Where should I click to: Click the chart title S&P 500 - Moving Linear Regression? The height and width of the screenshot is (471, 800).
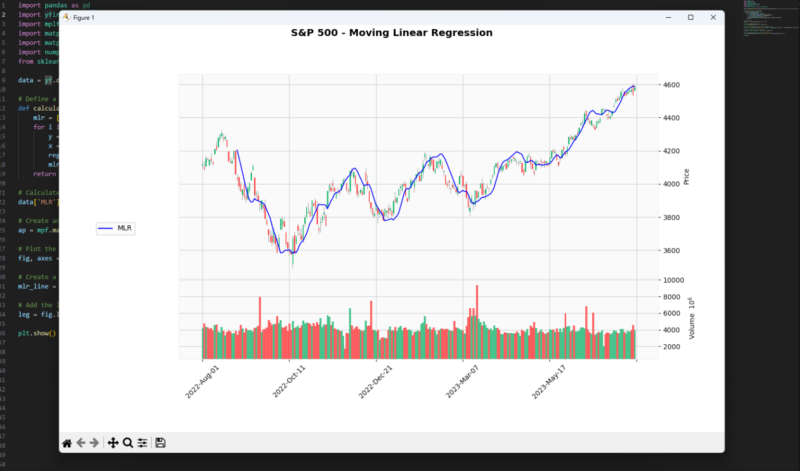click(392, 33)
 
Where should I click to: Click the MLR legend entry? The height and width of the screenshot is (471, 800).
click(116, 228)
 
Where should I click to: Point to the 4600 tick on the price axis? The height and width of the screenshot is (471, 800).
click(671, 85)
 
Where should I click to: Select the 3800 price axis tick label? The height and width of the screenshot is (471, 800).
click(671, 218)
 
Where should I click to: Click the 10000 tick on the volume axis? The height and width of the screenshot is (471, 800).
click(673, 280)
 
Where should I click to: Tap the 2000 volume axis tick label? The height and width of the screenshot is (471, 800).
click(671, 347)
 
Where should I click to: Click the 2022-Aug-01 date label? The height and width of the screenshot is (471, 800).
click(203, 382)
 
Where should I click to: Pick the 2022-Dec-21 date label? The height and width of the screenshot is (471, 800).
click(376, 382)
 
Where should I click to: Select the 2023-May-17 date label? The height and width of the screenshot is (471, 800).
click(548, 382)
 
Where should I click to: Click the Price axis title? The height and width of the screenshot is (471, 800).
click(686, 177)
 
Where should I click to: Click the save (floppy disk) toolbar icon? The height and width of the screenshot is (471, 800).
click(160, 443)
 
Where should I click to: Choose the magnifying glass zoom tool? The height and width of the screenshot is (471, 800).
click(128, 443)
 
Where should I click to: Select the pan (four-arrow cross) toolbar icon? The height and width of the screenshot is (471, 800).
click(113, 443)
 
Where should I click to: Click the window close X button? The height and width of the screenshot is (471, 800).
click(713, 18)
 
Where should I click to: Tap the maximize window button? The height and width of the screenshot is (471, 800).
click(691, 18)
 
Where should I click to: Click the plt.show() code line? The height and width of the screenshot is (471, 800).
click(37, 333)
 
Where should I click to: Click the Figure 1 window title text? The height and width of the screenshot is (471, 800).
click(84, 18)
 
